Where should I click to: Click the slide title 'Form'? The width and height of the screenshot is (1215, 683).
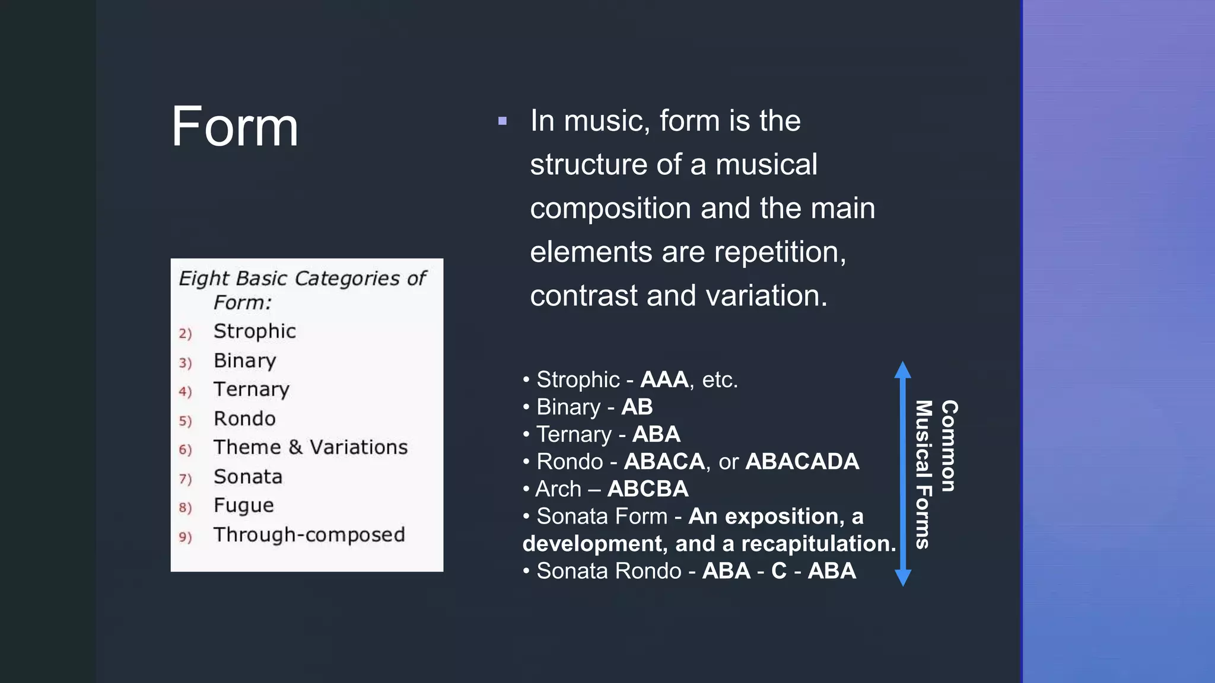click(x=235, y=127)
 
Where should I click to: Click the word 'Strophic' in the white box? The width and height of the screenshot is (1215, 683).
click(x=255, y=331)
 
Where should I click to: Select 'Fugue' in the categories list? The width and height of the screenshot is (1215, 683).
click(x=244, y=506)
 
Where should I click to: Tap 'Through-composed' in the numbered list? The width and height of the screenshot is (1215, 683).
click(x=309, y=535)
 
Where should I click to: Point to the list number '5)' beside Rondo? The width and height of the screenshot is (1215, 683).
click(x=185, y=421)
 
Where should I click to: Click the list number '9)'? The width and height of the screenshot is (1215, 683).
click(x=185, y=537)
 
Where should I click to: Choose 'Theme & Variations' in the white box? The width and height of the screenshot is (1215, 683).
click(x=310, y=448)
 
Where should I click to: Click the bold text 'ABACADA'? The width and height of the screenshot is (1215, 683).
click(x=802, y=461)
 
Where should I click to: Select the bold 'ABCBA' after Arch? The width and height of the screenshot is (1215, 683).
click(x=648, y=489)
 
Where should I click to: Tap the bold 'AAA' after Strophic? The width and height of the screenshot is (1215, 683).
click(x=664, y=379)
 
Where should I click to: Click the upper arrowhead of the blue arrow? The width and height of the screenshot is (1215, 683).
click(x=902, y=371)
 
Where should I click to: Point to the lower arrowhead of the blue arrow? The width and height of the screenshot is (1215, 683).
click(x=902, y=577)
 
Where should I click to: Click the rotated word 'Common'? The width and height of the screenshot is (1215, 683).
click(x=949, y=446)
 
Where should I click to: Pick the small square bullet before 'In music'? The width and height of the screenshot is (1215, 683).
click(x=502, y=122)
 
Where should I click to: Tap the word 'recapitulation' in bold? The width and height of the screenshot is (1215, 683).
click(x=819, y=544)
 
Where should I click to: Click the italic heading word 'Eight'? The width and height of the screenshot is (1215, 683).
click(x=203, y=279)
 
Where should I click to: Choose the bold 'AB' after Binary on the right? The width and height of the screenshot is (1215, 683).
click(x=637, y=407)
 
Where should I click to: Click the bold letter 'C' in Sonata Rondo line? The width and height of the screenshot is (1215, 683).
click(x=778, y=571)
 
